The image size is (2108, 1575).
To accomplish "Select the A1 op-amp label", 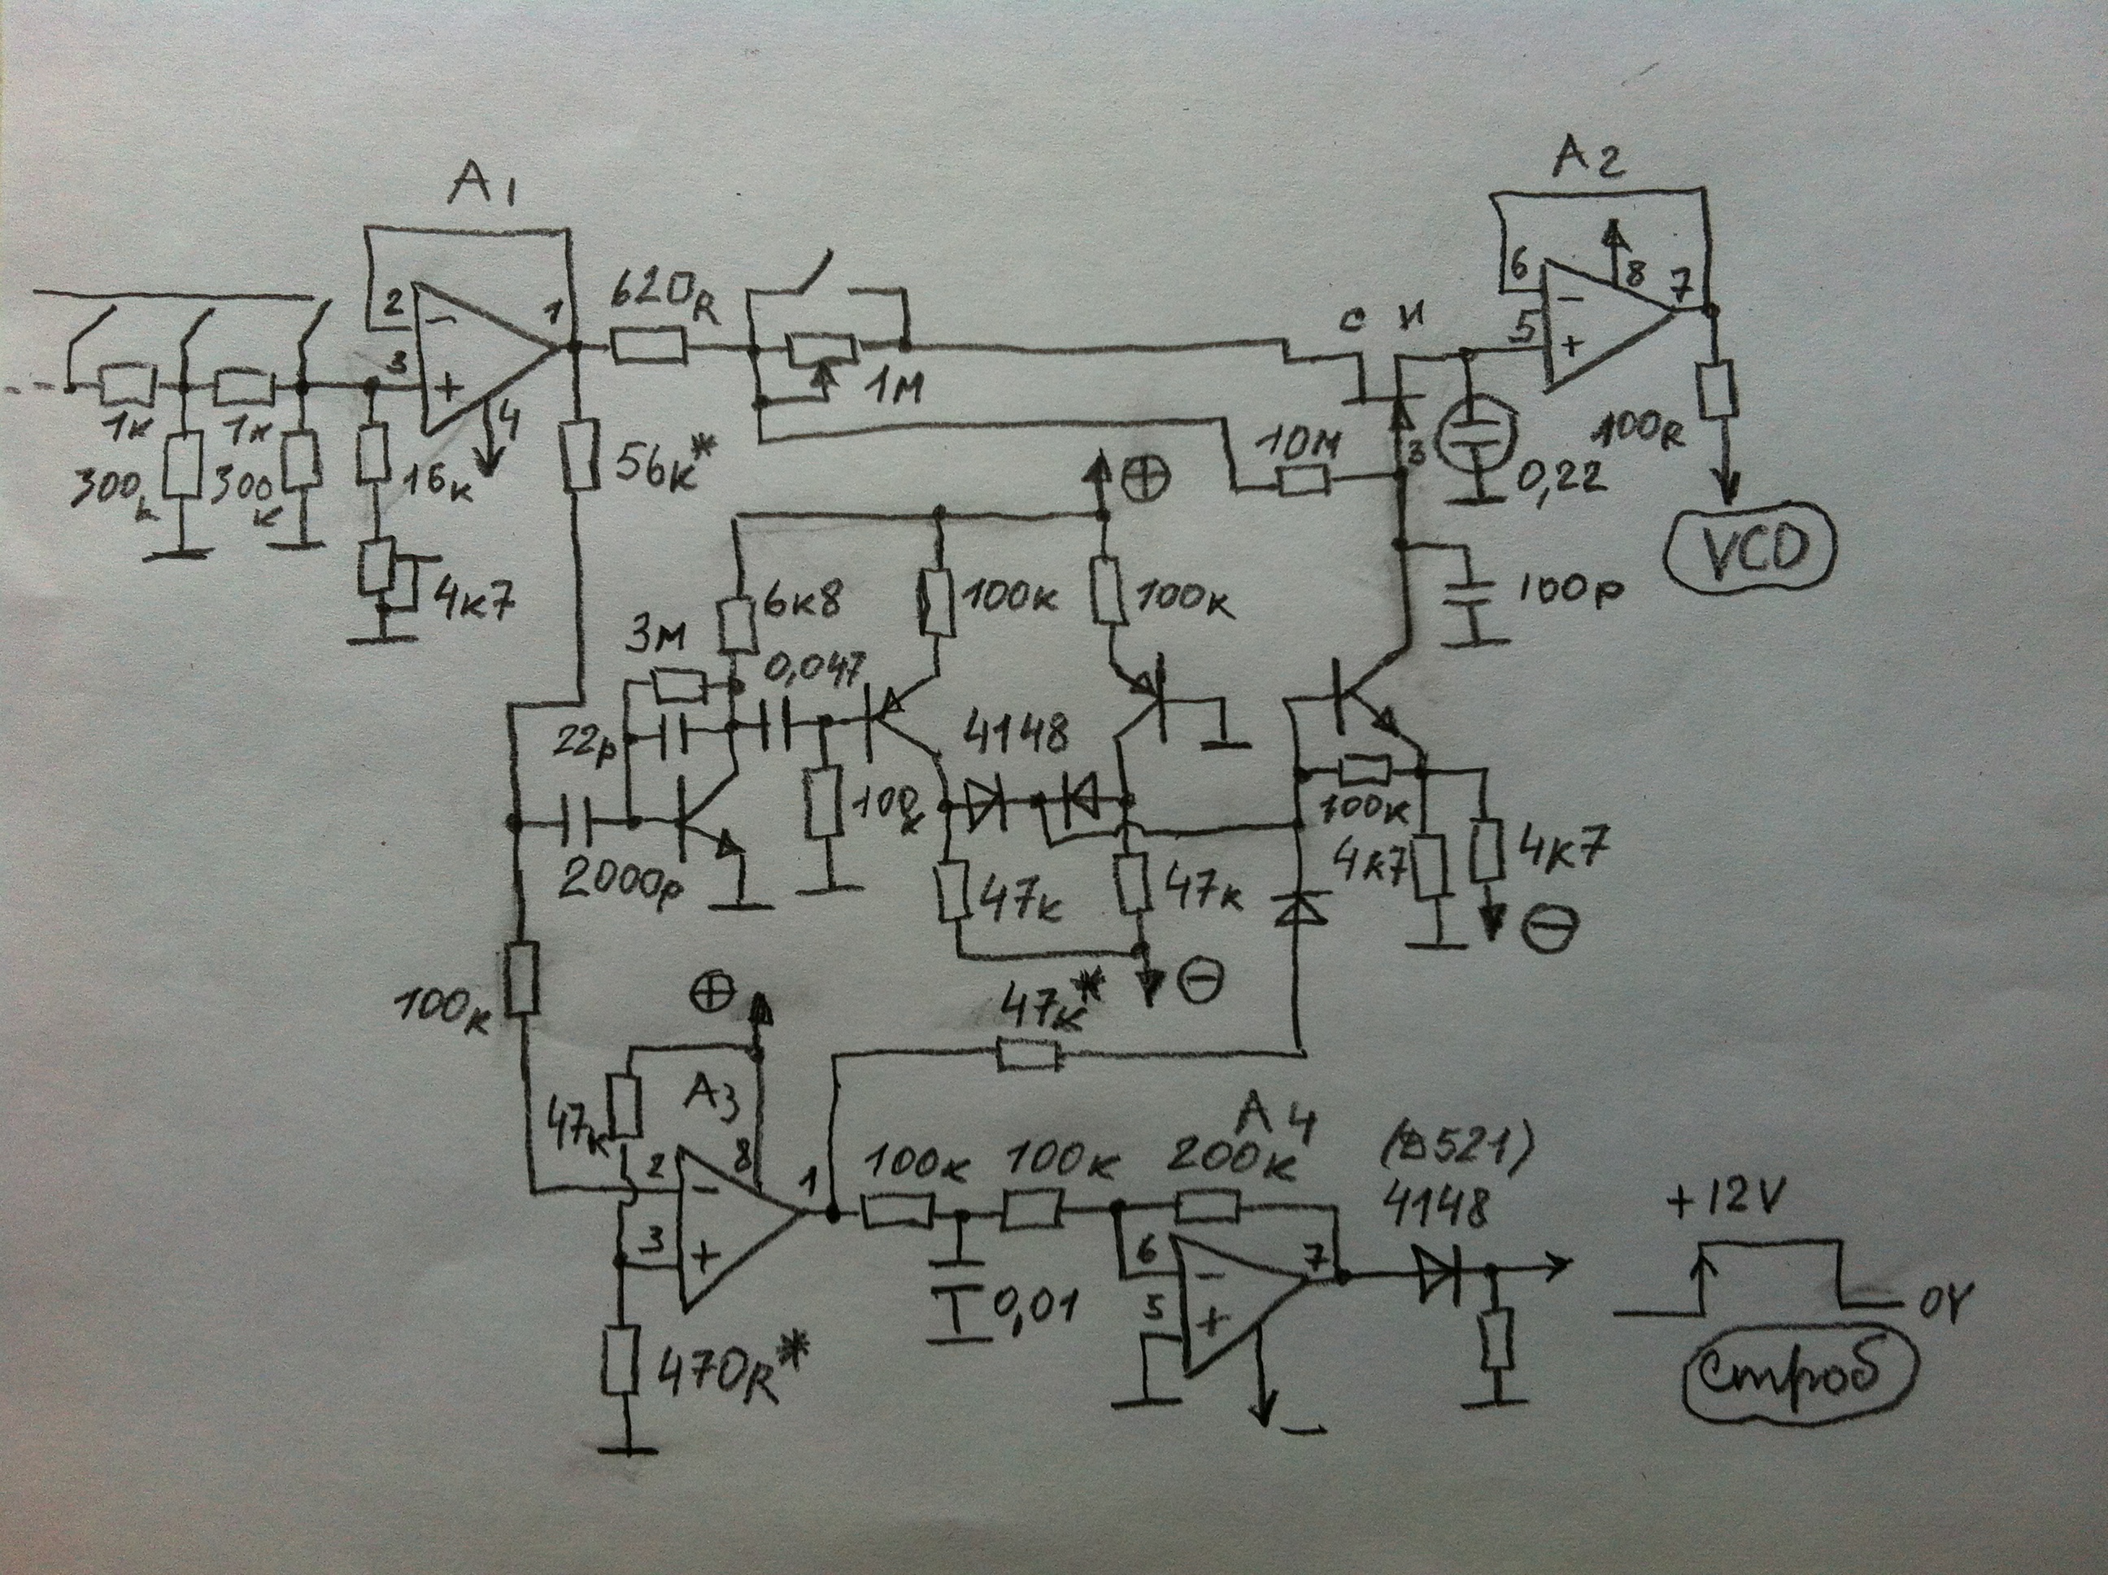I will click(481, 194).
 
